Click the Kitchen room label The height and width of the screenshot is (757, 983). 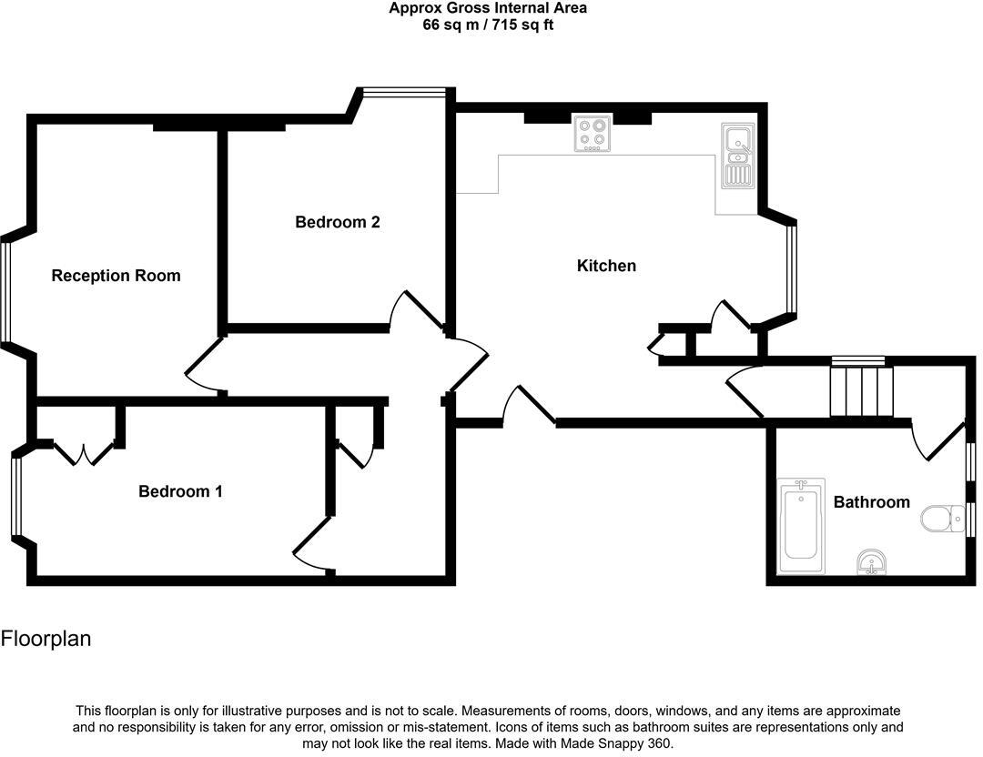pyautogui.click(x=606, y=266)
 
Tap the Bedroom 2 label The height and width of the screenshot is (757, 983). pyautogui.click(x=337, y=222)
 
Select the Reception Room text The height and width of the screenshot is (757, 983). pyautogui.click(x=116, y=276)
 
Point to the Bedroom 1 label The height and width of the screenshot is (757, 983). pyautogui.click(x=180, y=491)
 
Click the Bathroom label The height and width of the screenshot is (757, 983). pyautogui.click(x=871, y=502)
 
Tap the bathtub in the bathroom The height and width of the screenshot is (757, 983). pyautogui.click(x=801, y=526)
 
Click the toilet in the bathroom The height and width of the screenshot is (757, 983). pyautogui.click(x=941, y=519)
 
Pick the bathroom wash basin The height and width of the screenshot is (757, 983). pyautogui.click(x=872, y=563)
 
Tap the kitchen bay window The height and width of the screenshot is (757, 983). pyautogui.click(x=791, y=267)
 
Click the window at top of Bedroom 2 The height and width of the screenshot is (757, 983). pyautogui.click(x=403, y=90)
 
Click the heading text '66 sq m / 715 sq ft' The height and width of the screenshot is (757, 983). pyautogui.click(x=488, y=25)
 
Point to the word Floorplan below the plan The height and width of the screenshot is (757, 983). pyautogui.click(x=46, y=639)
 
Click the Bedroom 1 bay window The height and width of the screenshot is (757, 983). pyautogui.click(x=15, y=497)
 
